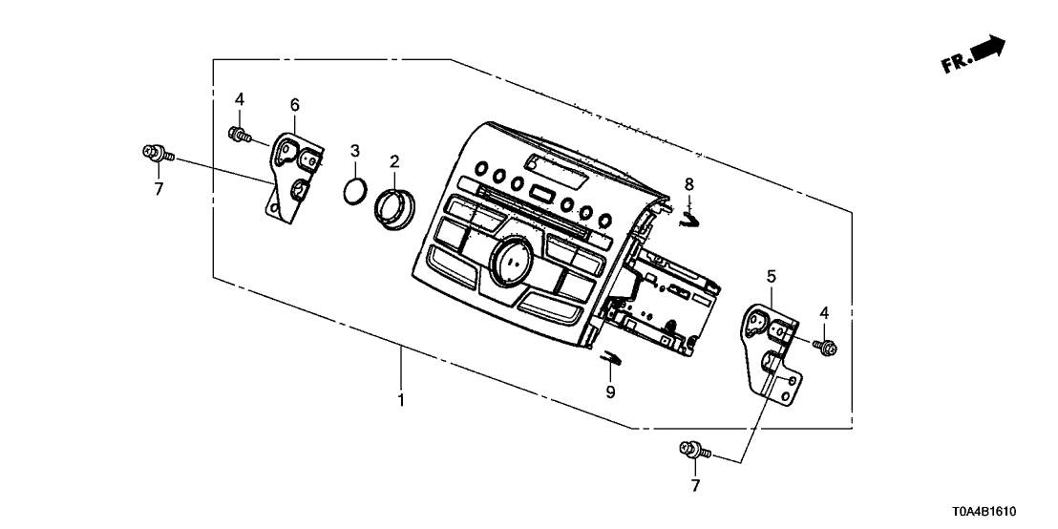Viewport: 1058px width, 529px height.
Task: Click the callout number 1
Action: [x=402, y=400]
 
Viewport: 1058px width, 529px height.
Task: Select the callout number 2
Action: [x=393, y=161]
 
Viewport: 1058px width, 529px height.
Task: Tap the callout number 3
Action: [x=355, y=151]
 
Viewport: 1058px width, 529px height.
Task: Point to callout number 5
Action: [x=771, y=277]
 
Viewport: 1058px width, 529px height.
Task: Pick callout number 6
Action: [x=295, y=103]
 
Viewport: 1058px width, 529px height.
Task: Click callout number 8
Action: [x=688, y=183]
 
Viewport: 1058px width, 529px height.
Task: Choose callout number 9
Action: [x=610, y=391]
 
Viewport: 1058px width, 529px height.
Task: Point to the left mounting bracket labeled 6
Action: [x=290, y=178]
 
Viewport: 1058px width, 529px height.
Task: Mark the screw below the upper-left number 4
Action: [x=238, y=135]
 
